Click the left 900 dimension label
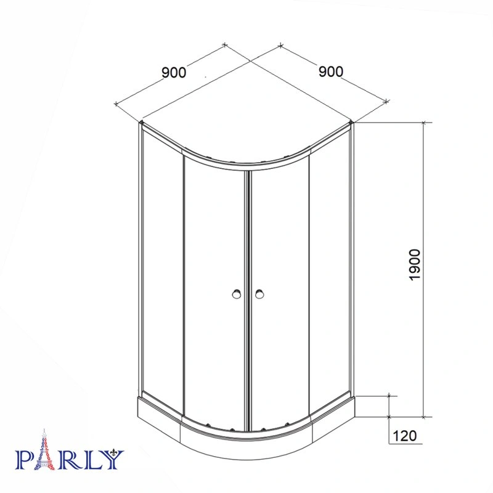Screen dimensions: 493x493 [174, 72]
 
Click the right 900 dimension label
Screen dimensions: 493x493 [331, 71]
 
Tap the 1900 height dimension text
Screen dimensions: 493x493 [415, 264]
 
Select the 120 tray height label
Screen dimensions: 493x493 [405, 436]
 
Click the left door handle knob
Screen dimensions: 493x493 [237, 294]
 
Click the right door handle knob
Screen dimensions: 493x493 [259, 294]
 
